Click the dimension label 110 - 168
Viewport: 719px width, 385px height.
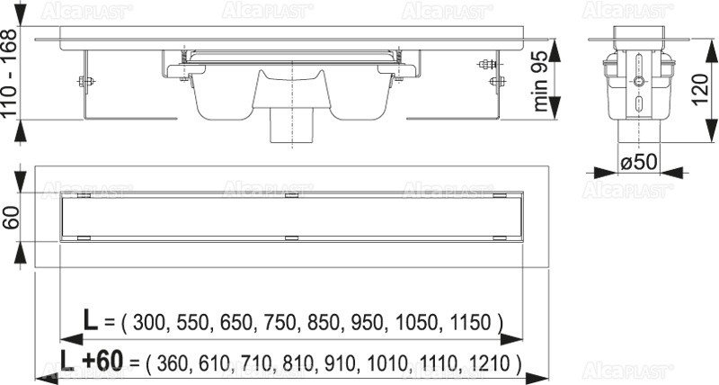pos(10,73)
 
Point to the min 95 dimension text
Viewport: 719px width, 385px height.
pos(540,81)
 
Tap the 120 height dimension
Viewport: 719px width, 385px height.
pos(700,89)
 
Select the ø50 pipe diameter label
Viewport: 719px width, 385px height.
pos(639,162)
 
